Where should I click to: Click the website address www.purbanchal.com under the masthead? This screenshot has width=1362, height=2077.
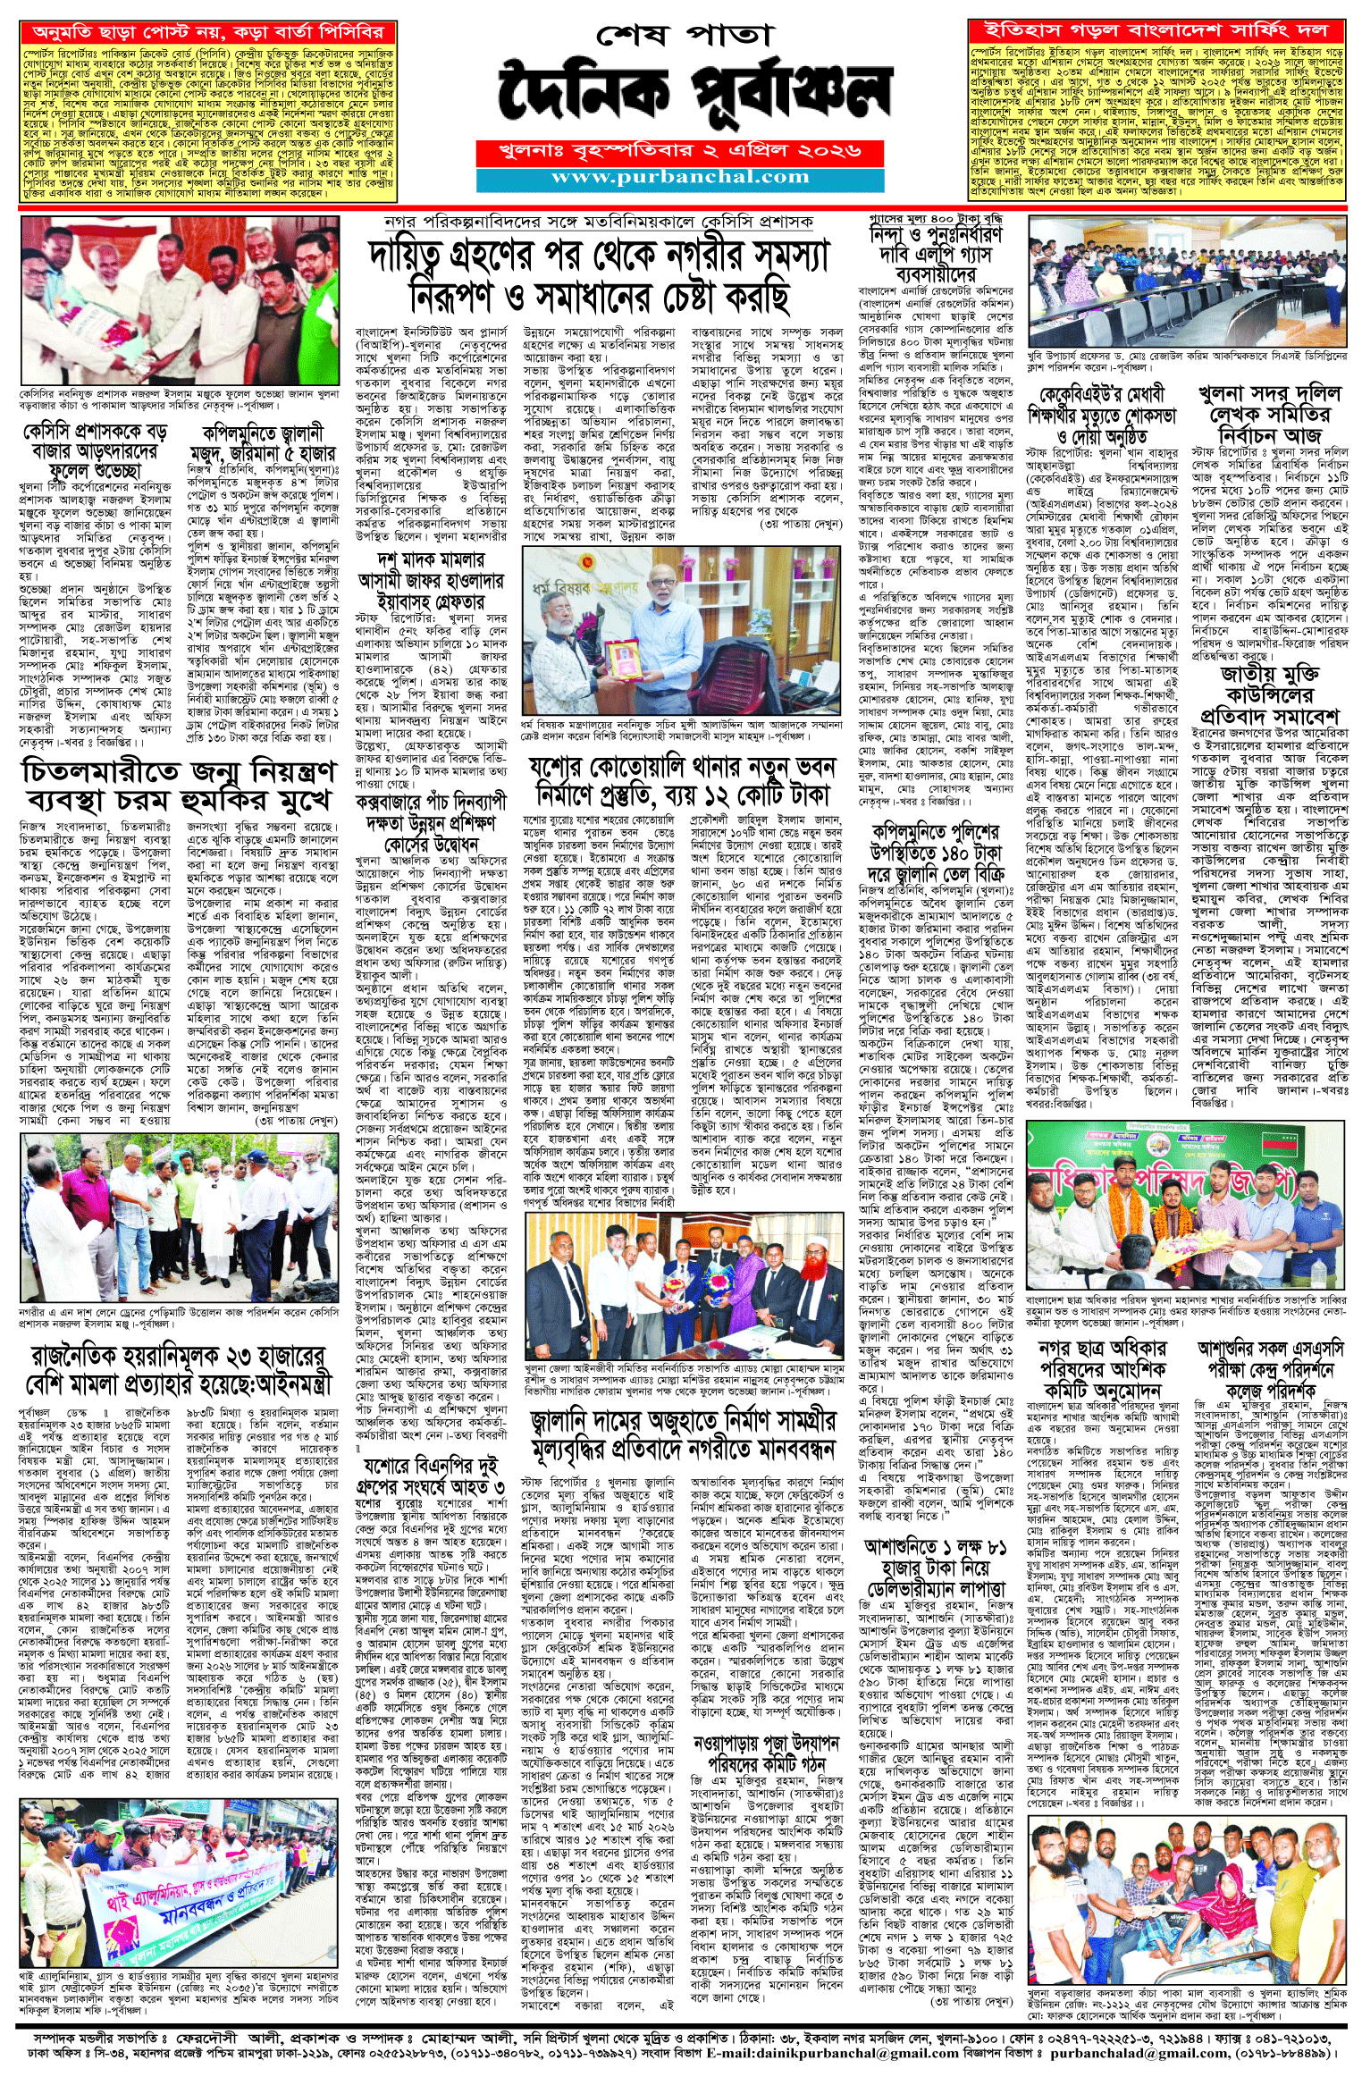[680, 178]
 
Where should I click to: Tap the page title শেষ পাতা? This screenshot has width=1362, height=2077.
[684, 36]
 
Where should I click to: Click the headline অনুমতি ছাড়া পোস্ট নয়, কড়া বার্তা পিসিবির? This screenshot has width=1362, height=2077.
[207, 32]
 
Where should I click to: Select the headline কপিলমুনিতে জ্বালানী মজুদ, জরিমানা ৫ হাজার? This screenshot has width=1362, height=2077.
[262, 442]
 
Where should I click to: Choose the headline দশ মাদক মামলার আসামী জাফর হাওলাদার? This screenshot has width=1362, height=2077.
[431, 581]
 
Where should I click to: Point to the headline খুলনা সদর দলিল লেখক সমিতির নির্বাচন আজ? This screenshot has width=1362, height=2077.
[1269, 415]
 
